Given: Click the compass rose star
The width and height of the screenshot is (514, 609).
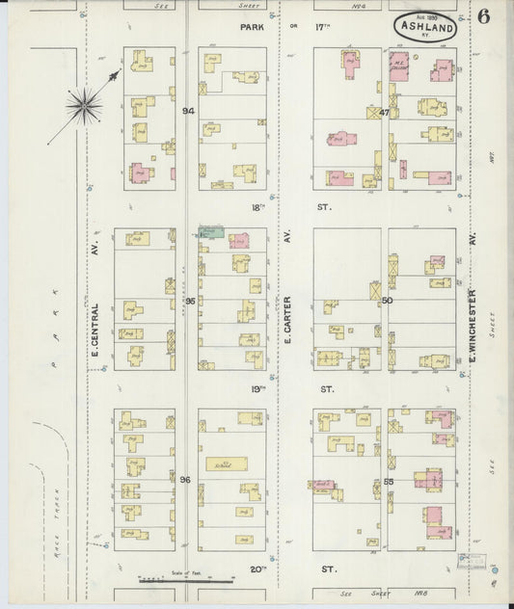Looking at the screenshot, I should pos(84,104).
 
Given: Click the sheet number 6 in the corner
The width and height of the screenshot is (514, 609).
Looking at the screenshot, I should pos(482,16).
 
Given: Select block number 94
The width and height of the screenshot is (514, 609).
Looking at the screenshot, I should pos(188,112).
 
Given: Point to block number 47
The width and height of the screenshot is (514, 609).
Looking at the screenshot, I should pos(383,113).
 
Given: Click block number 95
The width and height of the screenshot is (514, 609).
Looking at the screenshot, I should pos(189,302).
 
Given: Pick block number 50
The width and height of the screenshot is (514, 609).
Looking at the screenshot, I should pos(385,302).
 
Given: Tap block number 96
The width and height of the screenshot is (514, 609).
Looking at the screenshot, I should pos(185,479).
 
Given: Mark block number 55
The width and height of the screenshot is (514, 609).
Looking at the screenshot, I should pos(389,479).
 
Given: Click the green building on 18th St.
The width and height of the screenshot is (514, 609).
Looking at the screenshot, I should pos(212,232).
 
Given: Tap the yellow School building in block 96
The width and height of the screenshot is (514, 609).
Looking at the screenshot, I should pos(226,463).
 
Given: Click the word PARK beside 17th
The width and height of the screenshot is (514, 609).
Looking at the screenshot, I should pos(252,28).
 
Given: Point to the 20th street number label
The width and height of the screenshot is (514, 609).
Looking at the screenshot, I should pos(257,569).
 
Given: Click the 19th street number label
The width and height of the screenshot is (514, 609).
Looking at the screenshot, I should pos(257,388).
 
